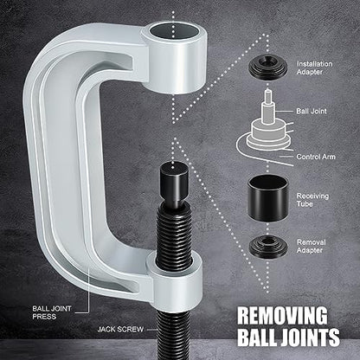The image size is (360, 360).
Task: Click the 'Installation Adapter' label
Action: [x=314, y=68]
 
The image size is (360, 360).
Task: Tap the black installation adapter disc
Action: [x=267, y=67]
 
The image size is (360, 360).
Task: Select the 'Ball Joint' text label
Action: [x=312, y=111]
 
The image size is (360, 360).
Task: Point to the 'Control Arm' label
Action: [x=316, y=157]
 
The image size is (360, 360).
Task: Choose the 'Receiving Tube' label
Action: [x=312, y=200]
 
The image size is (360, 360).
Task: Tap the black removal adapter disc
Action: [x=268, y=246]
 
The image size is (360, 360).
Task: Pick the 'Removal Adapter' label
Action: [x=312, y=247]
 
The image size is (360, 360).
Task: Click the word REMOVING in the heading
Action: [x=282, y=316]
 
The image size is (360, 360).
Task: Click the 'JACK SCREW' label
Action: [x=120, y=330]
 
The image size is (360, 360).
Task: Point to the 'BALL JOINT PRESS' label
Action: [x=52, y=312]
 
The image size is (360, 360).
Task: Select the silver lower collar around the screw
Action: [x=175, y=280]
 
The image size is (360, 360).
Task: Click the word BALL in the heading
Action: [x=257, y=337]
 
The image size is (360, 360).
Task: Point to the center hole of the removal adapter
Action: [x=268, y=241]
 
